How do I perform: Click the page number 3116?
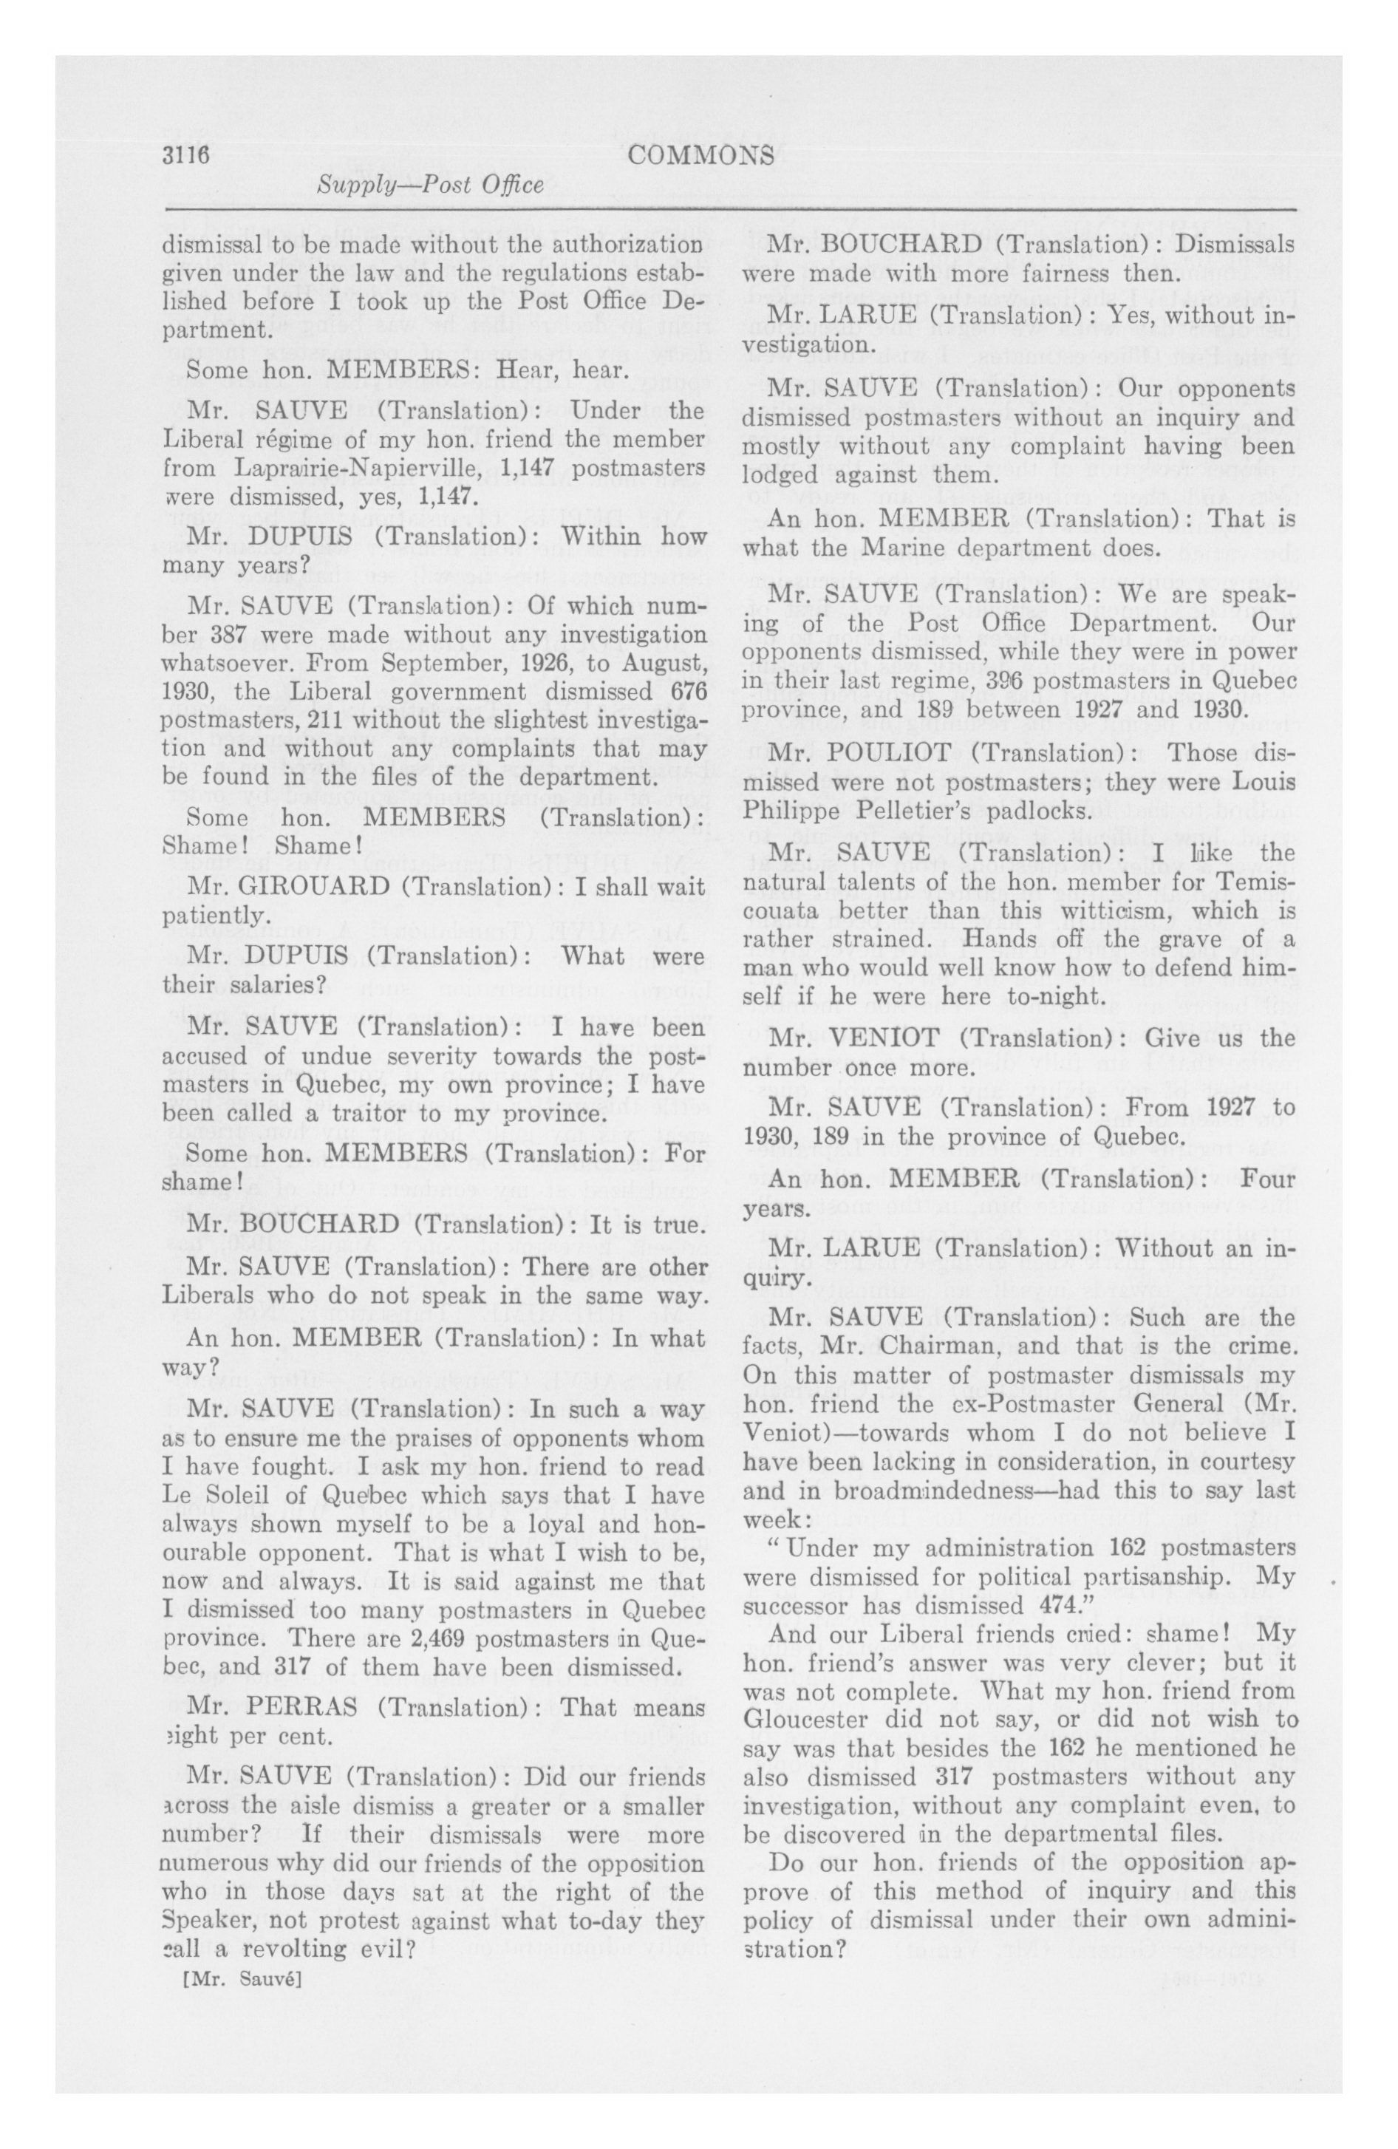coord(186,155)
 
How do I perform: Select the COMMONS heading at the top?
coord(700,156)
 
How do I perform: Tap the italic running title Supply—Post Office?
coord(431,186)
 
